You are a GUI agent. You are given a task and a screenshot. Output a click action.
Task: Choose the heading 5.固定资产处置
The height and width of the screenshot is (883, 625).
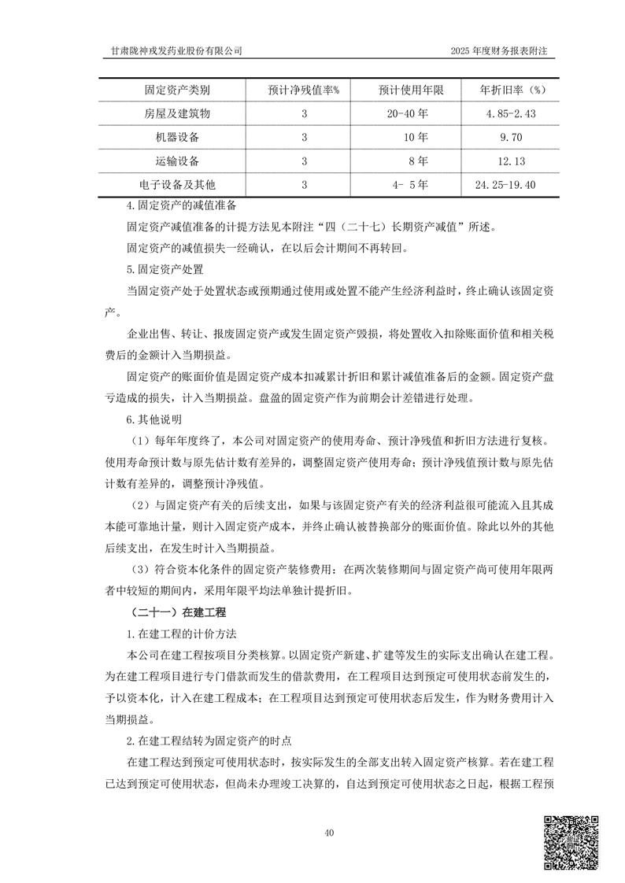tap(160, 268)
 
